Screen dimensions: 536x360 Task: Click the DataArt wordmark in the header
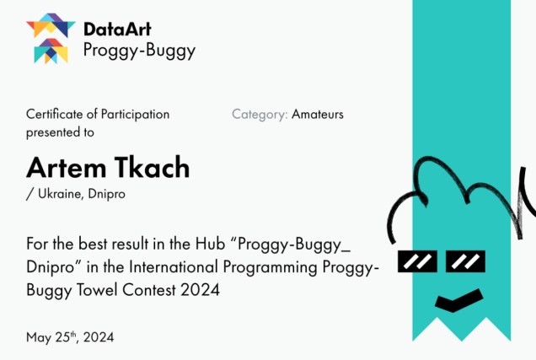(x=117, y=29)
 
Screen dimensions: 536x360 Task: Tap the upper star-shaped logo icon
(x=51, y=25)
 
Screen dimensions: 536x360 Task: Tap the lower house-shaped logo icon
(x=51, y=51)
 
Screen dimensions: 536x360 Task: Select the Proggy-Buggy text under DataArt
(x=139, y=51)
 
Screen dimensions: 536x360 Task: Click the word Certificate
(x=55, y=114)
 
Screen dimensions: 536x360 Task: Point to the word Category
(x=260, y=115)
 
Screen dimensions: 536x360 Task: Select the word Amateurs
(x=318, y=114)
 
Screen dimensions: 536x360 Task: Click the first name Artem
(x=67, y=168)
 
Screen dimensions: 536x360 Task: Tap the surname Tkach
(x=152, y=167)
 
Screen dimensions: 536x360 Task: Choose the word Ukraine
(x=60, y=194)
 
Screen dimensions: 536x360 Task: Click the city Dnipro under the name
(x=107, y=194)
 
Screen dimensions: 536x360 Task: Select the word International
(x=174, y=267)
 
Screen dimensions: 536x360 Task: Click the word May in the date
(x=39, y=338)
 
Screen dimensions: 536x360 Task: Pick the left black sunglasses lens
(x=417, y=261)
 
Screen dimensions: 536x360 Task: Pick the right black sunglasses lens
(x=465, y=261)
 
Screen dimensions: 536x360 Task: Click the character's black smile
(x=458, y=301)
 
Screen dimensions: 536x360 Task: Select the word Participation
(x=135, y=115)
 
